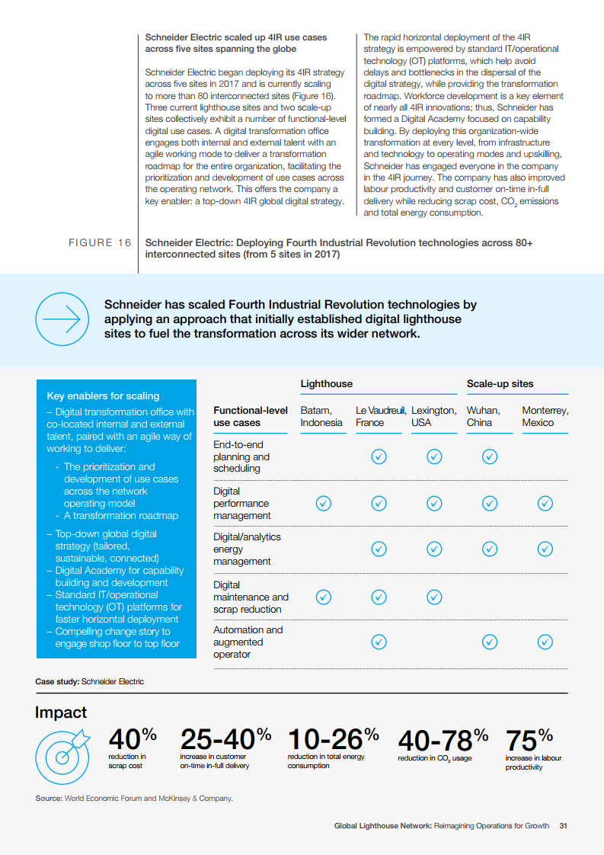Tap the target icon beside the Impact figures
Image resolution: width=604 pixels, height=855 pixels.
pyautogui.click(x=63, y=749)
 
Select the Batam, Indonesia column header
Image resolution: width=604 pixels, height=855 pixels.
pyautogui.click(x=321, y=416)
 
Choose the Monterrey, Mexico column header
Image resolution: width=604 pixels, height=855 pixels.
pyautogui.click(x=545, y=416)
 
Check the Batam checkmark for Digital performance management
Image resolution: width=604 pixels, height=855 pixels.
pyautogui.click(x=323, y=503)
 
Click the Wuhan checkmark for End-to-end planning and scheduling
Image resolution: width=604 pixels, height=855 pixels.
pyautogui.click(x=490, y=456)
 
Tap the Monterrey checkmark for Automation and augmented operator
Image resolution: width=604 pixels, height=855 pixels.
pyautogui.click(x=545, y=642)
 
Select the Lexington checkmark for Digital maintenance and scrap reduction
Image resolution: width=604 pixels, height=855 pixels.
pyautogui.click(x=434, y=597)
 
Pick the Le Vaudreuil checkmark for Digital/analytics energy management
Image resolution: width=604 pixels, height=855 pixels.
pyautogui.click(x=379, y=549)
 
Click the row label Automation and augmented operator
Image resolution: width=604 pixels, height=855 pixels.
pyautogui.click(x=248, y=642)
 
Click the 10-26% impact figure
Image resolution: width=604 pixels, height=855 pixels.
pyautogui.click(x=333, y=738)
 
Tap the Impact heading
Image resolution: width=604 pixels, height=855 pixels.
pyautogui.click(x=61, y=712)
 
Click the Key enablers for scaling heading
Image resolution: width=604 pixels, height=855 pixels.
pyautogui.click(x=103, y=395)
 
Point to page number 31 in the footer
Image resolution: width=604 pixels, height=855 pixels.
pyautogui.click(x=563, y=825)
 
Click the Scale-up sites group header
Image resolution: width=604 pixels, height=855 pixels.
pyautogui.click(x=500, y=383)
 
